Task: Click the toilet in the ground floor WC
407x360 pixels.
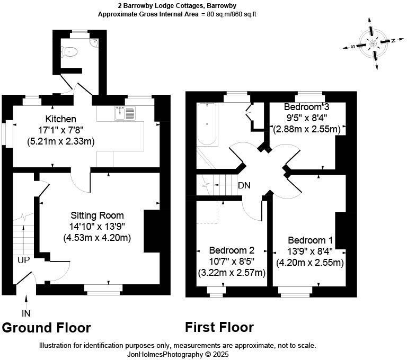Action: [69, 52]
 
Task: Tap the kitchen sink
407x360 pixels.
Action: [125, 113]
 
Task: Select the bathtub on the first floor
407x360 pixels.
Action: [207, 124]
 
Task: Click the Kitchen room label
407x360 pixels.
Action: [61, 119]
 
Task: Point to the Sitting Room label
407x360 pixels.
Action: [97, 215]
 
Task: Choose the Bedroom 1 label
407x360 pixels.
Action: [310, 240]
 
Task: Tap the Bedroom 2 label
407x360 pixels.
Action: [232, 250]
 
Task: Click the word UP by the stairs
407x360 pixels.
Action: [24, 260]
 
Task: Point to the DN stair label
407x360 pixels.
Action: [244, 185]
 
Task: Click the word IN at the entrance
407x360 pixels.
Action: [26, 313]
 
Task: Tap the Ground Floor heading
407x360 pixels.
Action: [47, 328]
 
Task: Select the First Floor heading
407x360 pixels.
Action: [219, 327]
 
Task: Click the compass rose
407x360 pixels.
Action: [373, 43]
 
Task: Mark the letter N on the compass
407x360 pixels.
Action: [393, 40]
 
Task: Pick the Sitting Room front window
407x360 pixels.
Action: [103, 290]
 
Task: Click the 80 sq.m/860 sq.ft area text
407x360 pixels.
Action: [232, 14]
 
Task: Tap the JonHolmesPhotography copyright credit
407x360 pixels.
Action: [178, 354]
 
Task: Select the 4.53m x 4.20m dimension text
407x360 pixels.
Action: [97, 238]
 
